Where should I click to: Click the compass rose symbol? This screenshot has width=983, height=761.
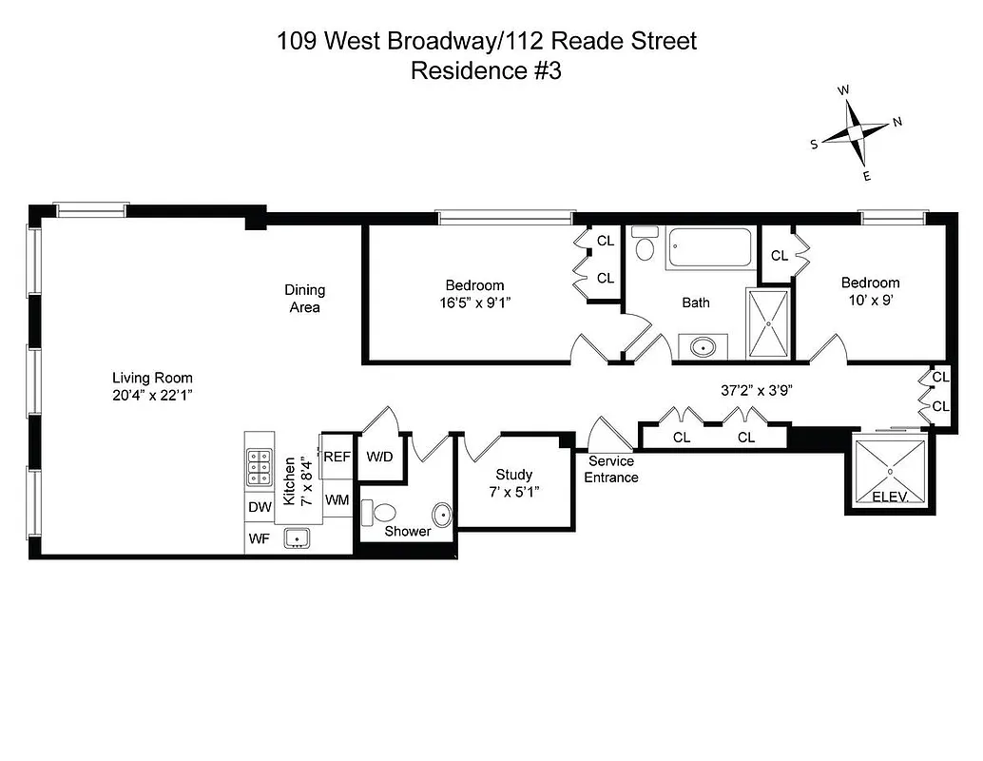click(855, 133)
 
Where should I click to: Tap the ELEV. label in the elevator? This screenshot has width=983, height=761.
click(890, 498)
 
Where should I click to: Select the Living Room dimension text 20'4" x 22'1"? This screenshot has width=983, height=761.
click(152, 397)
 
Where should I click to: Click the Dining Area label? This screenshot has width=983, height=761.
click(304, 299)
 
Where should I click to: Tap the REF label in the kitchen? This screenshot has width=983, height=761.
click(337, 457)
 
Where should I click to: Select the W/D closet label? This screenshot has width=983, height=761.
click(379, 457)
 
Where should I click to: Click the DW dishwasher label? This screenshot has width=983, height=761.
click(260, 508)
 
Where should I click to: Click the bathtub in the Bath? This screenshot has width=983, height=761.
click(710, 249)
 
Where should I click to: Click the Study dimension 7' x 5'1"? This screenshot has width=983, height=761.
click(514, 493)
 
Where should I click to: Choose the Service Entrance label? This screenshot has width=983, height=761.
click(610, 469)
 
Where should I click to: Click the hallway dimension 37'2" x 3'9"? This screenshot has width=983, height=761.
click(757, 389)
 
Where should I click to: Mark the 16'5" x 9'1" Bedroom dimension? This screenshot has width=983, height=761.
click(474, 304)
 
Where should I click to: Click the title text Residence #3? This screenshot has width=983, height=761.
click(486, 71)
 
